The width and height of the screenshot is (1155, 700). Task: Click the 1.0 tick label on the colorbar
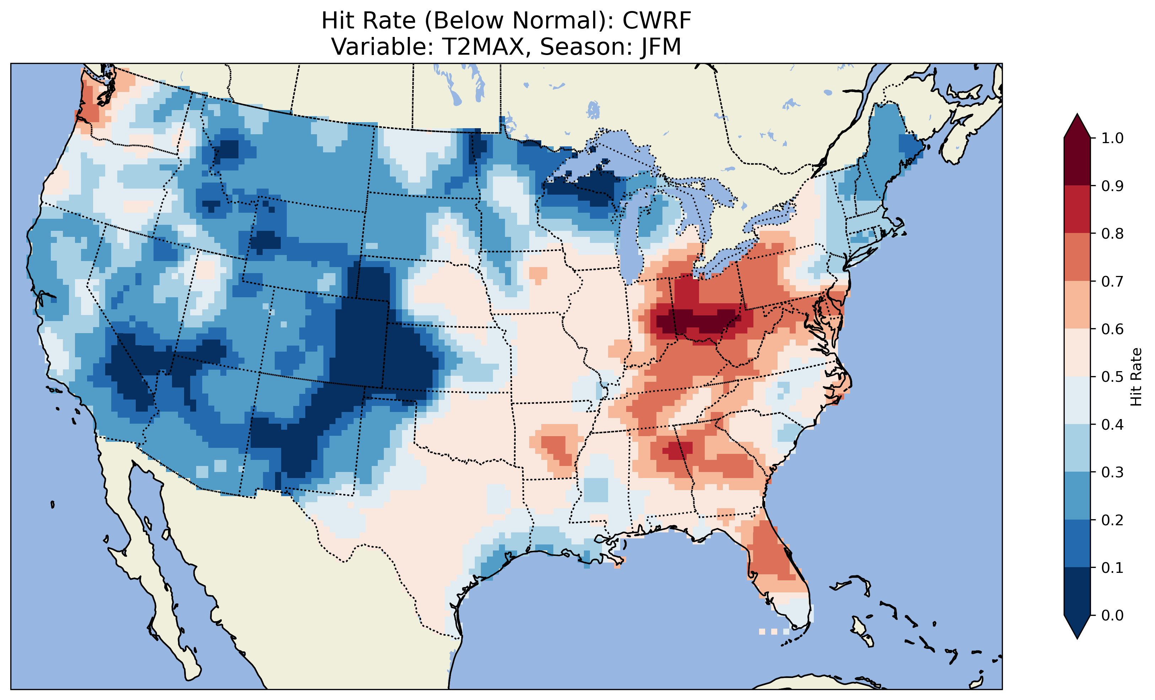[x=1112, y=138]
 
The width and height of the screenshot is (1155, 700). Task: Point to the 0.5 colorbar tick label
[x=1112, y=377]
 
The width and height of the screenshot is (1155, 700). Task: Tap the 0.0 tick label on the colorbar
[x=1112, y=615]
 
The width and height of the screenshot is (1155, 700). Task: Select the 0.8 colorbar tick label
[x=1112, y=233]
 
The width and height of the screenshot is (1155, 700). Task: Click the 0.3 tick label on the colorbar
[x=1112, y=472]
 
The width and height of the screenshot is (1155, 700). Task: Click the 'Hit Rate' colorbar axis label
[x=1136, y=377]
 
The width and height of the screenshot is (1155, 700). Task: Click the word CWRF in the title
[x=656, y=21]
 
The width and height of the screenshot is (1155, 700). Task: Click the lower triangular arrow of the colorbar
[x=1077, y=627]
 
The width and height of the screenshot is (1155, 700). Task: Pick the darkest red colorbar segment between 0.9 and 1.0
[x=1077, y=162]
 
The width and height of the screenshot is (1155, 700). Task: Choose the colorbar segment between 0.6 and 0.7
[x=1077, y=305]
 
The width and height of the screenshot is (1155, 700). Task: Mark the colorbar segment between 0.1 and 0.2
[x=1077, y=543]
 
